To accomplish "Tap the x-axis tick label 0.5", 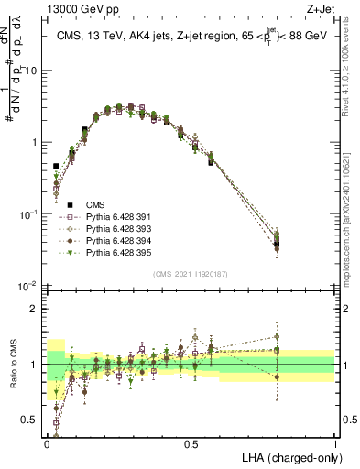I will (x=191, y=442).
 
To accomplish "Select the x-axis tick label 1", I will (x=335, y=442).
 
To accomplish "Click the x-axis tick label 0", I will (x=47, y=442).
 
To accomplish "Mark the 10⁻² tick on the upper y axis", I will (x=30, y=286).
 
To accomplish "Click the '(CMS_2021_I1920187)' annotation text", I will (x=191, y=274).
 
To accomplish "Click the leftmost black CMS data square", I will (x=56, y=167).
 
